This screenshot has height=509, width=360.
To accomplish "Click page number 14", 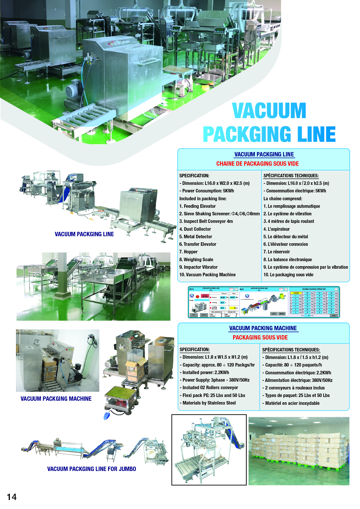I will tap(12, 497).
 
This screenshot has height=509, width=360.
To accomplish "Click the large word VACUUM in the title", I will tap(269, 111).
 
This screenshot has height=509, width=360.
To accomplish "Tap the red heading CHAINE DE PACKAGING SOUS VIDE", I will tap(257, 164).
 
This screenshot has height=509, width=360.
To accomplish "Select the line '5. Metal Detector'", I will tap(196, 237).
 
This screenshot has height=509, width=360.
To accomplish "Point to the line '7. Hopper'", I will tap(188, 252).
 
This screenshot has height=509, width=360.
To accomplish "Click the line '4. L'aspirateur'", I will tap(276, 229).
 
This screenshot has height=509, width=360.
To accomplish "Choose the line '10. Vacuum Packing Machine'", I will tap(207, 275).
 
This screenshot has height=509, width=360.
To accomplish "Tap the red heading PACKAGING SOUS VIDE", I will tap(260, 337).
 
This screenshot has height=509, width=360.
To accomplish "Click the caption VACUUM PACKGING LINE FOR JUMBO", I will tap(91, 469).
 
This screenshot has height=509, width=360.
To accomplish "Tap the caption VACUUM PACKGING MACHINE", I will tap(56, 399).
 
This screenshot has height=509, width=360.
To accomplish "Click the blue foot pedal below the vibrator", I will tap(107, 416).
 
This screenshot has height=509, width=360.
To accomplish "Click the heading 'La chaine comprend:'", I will tap(282, 198).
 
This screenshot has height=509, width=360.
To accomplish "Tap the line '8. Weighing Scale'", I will tap(196, 259).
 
